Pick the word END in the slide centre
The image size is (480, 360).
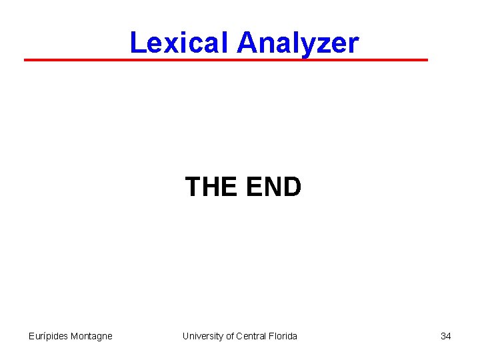pos(273,187)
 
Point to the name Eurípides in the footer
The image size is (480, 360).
pos(48,336)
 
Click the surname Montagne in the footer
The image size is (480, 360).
pos(91,336)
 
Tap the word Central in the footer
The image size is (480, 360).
pos(252,336)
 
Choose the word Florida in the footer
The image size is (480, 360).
pos(283,336)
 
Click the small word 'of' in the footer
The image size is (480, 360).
pos(230,336)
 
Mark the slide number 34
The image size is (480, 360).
pos(445,336)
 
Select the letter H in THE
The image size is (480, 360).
pos(212,187)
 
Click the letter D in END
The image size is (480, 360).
pos(292,187)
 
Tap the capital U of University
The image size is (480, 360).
pos(186,336)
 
